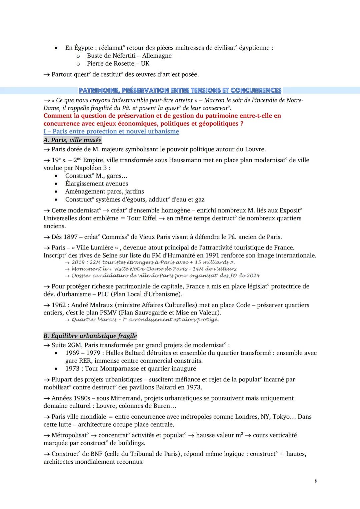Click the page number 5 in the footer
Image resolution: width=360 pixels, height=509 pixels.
point(315,481)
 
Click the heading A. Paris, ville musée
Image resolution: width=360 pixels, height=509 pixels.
point(72,140)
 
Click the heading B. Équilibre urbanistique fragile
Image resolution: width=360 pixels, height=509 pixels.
point(90,336)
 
